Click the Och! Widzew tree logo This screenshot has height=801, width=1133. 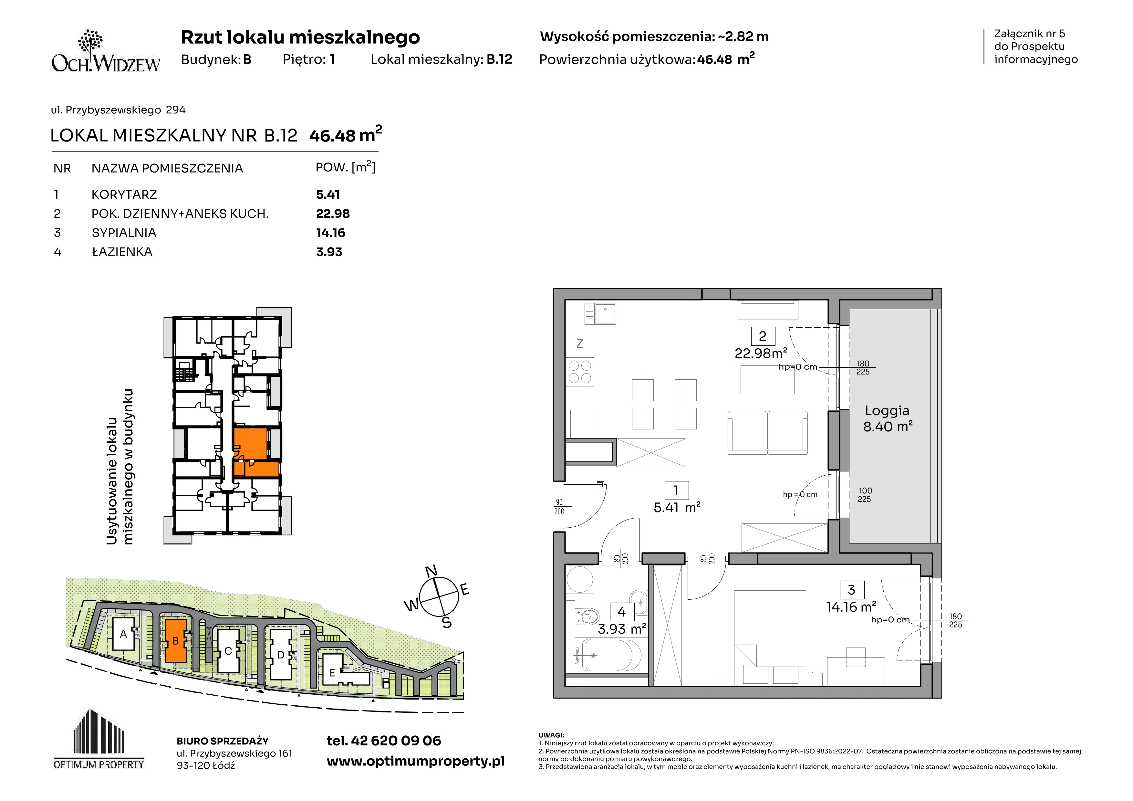(106, 51)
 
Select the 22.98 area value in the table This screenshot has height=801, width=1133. (333, 214)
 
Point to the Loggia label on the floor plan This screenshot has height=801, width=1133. (887, 411)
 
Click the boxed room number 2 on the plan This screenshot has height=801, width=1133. (763, 336)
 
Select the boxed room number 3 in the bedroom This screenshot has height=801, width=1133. (851, 590)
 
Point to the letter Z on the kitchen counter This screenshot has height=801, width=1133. (580, 343)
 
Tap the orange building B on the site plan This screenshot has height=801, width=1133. (176, 641)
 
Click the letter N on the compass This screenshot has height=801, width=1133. (431, 571)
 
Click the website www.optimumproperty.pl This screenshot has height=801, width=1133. (415, 762)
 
